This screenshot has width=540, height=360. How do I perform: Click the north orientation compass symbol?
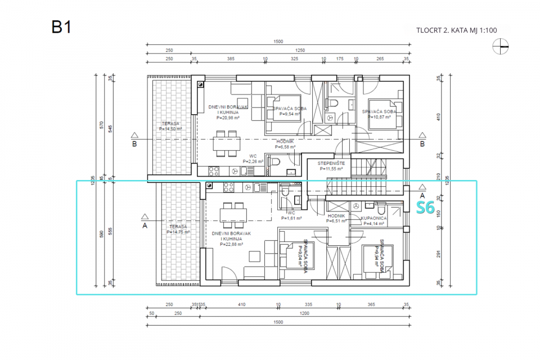500,48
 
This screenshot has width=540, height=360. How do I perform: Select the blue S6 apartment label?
425,208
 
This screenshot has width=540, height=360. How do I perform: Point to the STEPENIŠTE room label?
334,163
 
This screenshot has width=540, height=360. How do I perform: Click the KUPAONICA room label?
373,218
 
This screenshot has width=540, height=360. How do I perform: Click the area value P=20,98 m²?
228,118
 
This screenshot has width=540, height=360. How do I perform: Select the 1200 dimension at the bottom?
304,313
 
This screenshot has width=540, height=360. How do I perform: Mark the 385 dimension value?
231,58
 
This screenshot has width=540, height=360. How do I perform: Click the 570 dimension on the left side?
101,126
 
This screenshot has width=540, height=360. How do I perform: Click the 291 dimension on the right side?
438,254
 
